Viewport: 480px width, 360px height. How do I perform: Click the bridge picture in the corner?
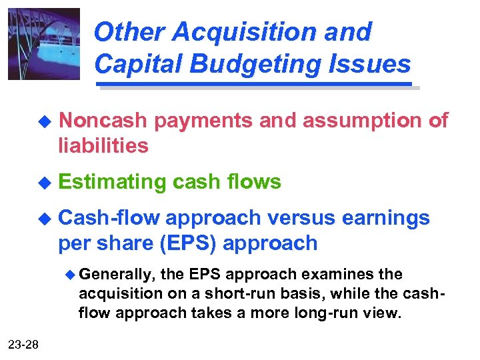click(x=43, y=44)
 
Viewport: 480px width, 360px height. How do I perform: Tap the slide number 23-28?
click(x=23, y=343)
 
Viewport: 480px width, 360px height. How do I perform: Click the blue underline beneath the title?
click(x=255, y=85)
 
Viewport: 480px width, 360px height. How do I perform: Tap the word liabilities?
click(x=103, y=145)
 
